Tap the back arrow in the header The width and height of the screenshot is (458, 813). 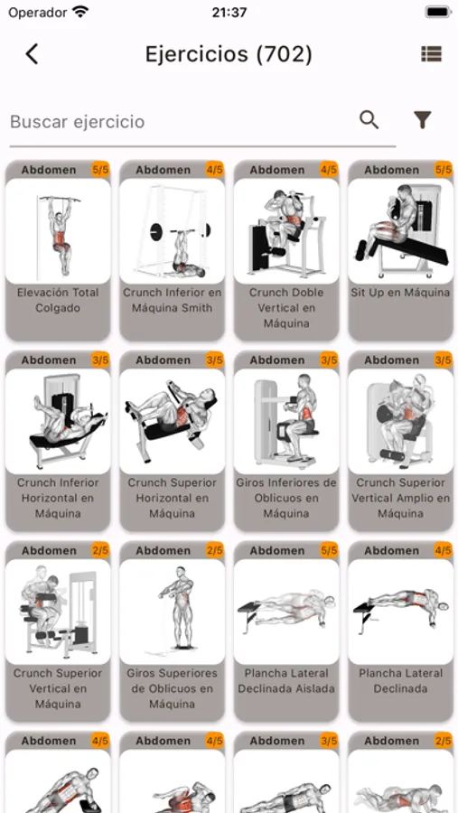tap(33, 54)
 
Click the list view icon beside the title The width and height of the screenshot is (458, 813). tap(431, 53)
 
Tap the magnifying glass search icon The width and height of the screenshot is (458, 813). tap(369, 120)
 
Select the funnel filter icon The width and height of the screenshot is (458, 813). tap(423, 120)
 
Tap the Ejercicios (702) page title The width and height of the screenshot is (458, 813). tap(229, 54)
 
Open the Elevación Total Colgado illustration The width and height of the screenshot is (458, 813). tap(58, 231)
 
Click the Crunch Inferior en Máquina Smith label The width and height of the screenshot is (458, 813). tap(173, 300)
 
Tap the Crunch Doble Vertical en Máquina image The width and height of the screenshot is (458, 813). tap(286, 231)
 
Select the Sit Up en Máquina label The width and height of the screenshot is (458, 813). tap(400, 293)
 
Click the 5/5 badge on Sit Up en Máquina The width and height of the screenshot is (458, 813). tap(444, 170)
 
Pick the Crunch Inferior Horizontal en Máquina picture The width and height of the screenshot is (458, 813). tap(58, 422)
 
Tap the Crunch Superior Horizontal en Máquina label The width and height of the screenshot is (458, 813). tap(173, 498)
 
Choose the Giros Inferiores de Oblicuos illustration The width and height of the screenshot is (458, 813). tap(286, 422)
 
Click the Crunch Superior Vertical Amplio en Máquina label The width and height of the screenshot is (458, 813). tap(400, 498)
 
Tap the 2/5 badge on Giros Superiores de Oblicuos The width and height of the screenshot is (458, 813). tap(215, 550)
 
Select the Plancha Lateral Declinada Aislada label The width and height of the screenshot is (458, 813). tap(286, 681)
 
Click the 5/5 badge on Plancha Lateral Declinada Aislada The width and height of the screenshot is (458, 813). tap(329, 550)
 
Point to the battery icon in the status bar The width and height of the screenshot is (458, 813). tap(438, 12)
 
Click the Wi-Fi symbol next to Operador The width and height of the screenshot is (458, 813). tap(80, 12)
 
